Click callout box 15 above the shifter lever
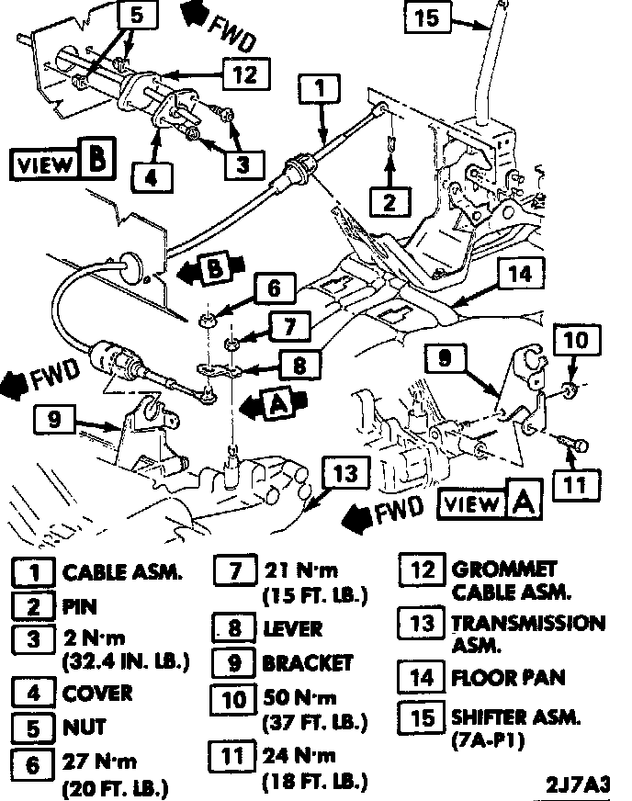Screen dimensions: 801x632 (428, 18)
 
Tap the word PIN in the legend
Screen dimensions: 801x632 (79, 606)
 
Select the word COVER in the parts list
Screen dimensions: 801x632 (97, 693)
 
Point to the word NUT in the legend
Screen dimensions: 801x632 (84, 728)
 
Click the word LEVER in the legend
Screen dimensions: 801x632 (292, 629)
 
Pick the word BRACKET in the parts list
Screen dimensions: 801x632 (307, 662)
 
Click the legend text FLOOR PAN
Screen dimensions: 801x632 (508, 679)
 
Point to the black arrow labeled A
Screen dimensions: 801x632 (265, 402)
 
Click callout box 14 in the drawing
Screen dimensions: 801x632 (520, 272)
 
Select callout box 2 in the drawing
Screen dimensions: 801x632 (390, 200)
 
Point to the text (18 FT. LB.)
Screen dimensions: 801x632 (314, 782)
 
